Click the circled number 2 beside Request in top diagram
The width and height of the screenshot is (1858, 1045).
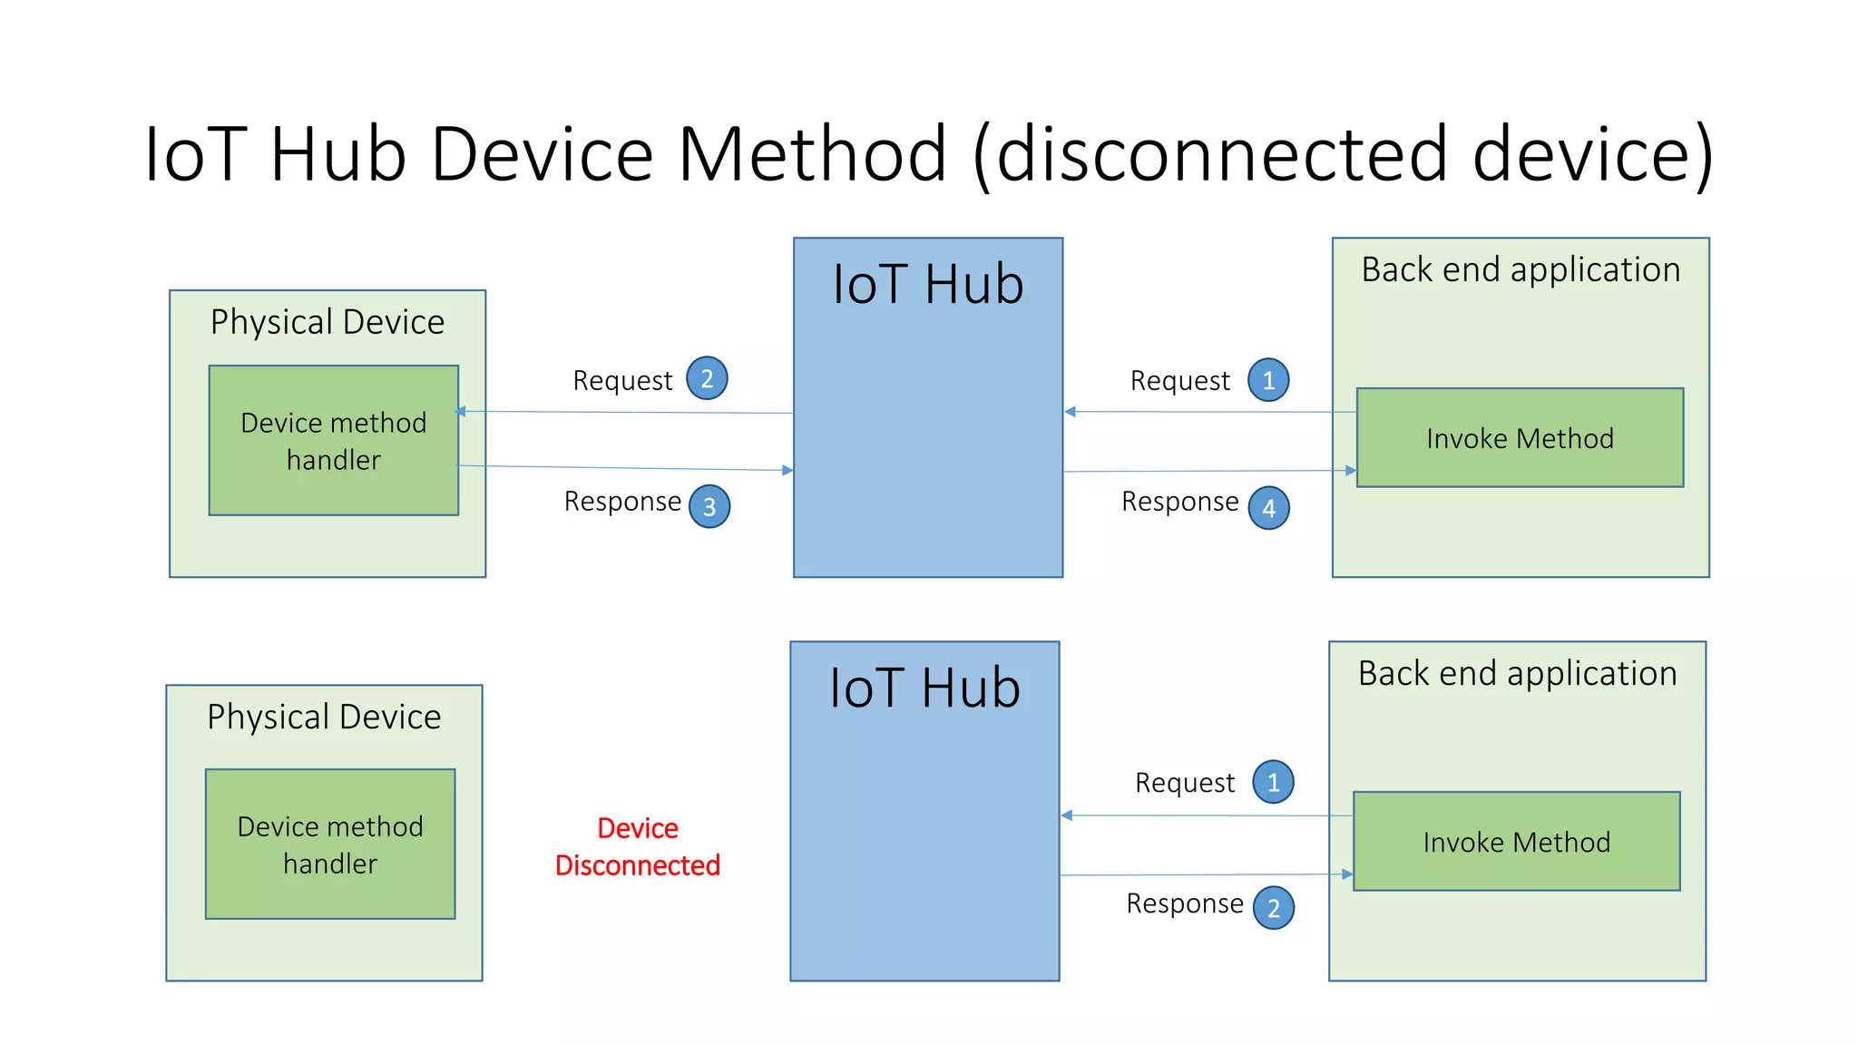[x=707, y=378]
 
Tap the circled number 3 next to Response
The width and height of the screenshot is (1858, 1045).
[x=709, y=507]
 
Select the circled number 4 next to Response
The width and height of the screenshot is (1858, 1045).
[x=1268, y=508]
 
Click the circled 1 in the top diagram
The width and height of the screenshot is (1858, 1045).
[x=1268, y=380]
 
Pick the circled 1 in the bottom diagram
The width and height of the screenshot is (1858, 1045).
[x=1273, y=782]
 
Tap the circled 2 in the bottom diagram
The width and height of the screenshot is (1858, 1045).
[x=1273, y=908]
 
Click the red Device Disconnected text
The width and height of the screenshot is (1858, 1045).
[x=638, y=846]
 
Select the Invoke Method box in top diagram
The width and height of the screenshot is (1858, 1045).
[x=1520, y=438]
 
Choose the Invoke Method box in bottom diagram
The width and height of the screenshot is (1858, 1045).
[x=1516, y=842]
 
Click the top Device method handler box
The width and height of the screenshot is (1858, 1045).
[x=333, y=441]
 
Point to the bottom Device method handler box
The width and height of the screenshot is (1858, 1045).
[x=330, y=845]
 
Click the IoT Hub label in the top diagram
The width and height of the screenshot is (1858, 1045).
[x=928, y=284]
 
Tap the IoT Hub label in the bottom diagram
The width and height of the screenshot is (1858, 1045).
[x=924, y=688]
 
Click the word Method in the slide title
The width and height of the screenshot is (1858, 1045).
[x=812, y=154]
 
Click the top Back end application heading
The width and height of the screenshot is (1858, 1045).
[x=1521, y=269]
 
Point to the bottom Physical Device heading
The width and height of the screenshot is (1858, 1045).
[x=324, y=717]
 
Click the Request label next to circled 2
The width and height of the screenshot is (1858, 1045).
[x=622, y=380]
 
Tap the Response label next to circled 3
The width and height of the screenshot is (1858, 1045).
[x=622, y=502]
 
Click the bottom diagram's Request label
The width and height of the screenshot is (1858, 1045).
[x=1184, y=783]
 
